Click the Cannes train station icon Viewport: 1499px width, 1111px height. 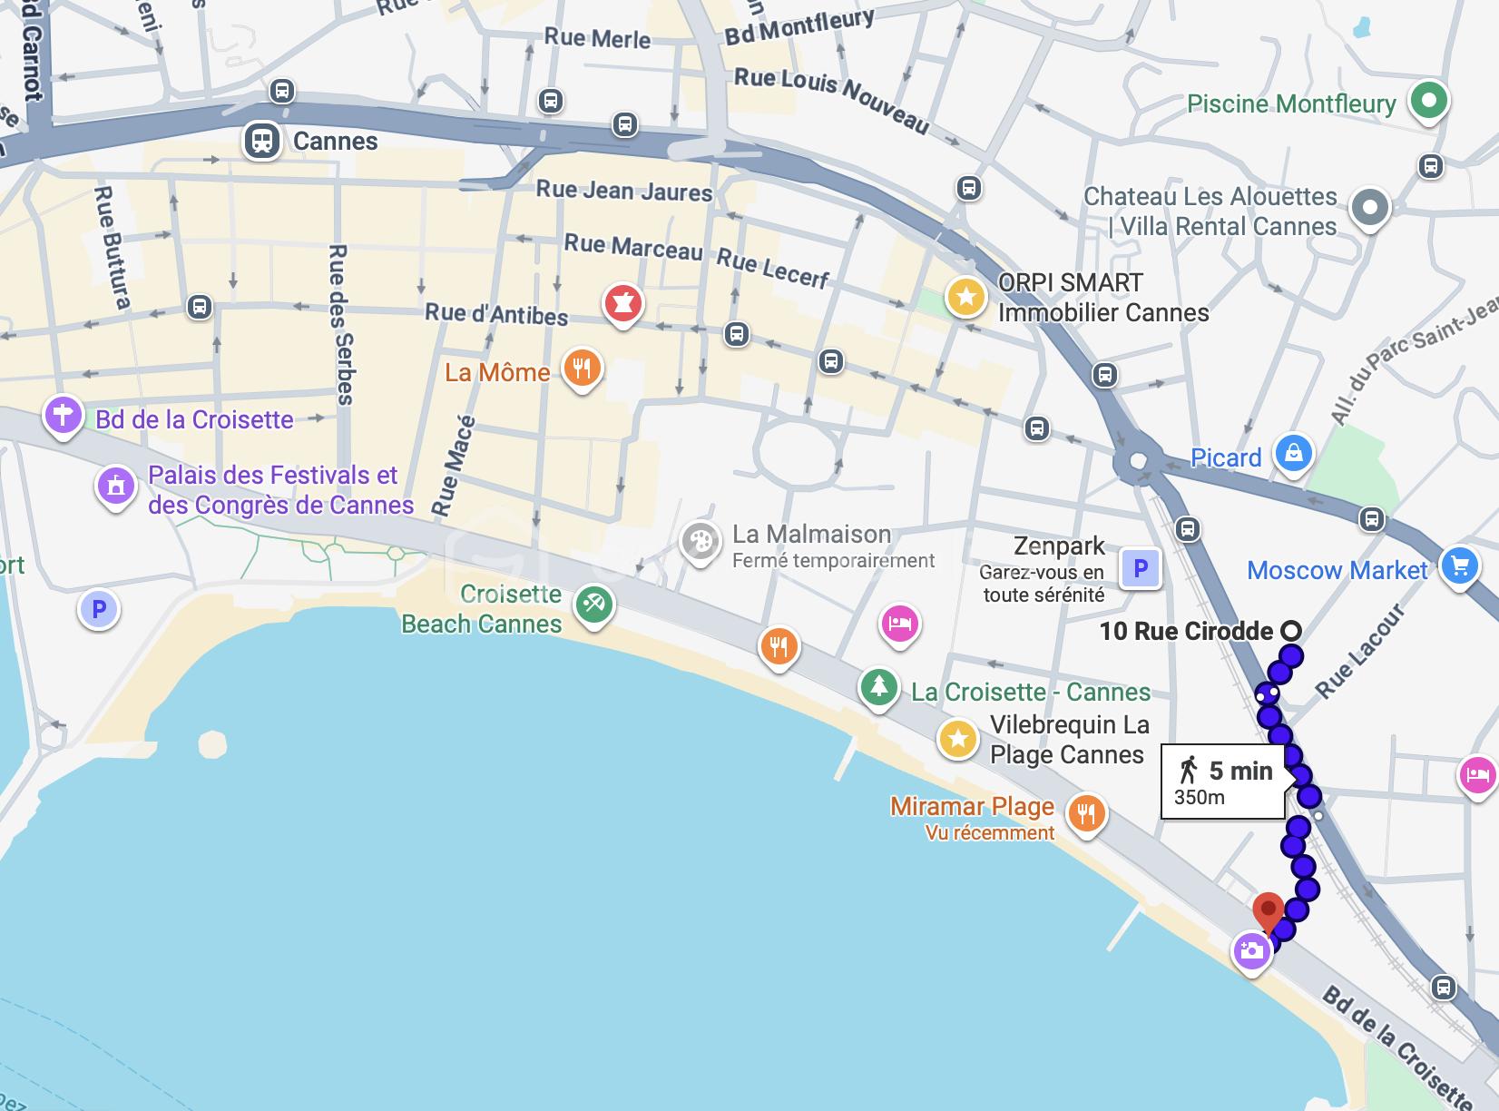pyautogui.click(x=262, y=141)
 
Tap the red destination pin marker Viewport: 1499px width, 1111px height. pyautogui.click(x=1268, y=909)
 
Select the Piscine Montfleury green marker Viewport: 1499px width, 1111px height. pyautogui.click(x=1429, y=100)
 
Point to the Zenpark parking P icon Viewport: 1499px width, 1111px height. pyautogui.click(x=1141, y=569)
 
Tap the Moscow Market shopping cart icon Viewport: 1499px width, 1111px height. pyautogui.click(x=1459, y=566)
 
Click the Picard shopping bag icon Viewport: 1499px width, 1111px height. pyautogui.click(x=1293, y=453)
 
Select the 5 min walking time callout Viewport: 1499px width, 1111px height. pyautogui.click(x=1223, y=782)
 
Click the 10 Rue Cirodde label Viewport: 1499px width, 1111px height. pyautogui.click(x=1186, y=631)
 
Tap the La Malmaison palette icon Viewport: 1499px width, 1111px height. pyautogui.click(x=700, y=541)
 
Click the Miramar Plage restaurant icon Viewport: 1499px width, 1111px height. pyautogui.click(x=1086, y=812)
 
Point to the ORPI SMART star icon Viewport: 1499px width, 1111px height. pyautogui.click(x=965, y=297)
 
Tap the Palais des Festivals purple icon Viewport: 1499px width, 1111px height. pyautogui.click(x=115, y=486)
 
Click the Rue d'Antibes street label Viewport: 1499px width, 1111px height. pyautogui.click(x=496, y=314)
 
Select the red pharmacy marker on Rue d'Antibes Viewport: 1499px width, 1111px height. pyautogui.click(x=622, y=303)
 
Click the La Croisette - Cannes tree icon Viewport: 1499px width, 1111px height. pyautogui.click(x=877, y=686)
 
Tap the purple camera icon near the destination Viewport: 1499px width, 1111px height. pyautogui.click(x=1251, y=951)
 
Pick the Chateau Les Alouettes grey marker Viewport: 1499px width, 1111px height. pyautogui.click(x=1370, y=208)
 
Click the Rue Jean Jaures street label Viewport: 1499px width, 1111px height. pyautogui.click(x=623, y=191)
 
